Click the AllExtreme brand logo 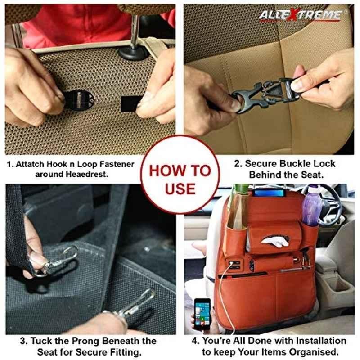pos(301,15)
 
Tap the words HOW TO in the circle pos(180,171)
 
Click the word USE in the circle pos(180,189)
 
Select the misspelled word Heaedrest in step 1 pos(87,174)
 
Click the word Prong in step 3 pos(85,341)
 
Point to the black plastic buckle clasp pos(264,95)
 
